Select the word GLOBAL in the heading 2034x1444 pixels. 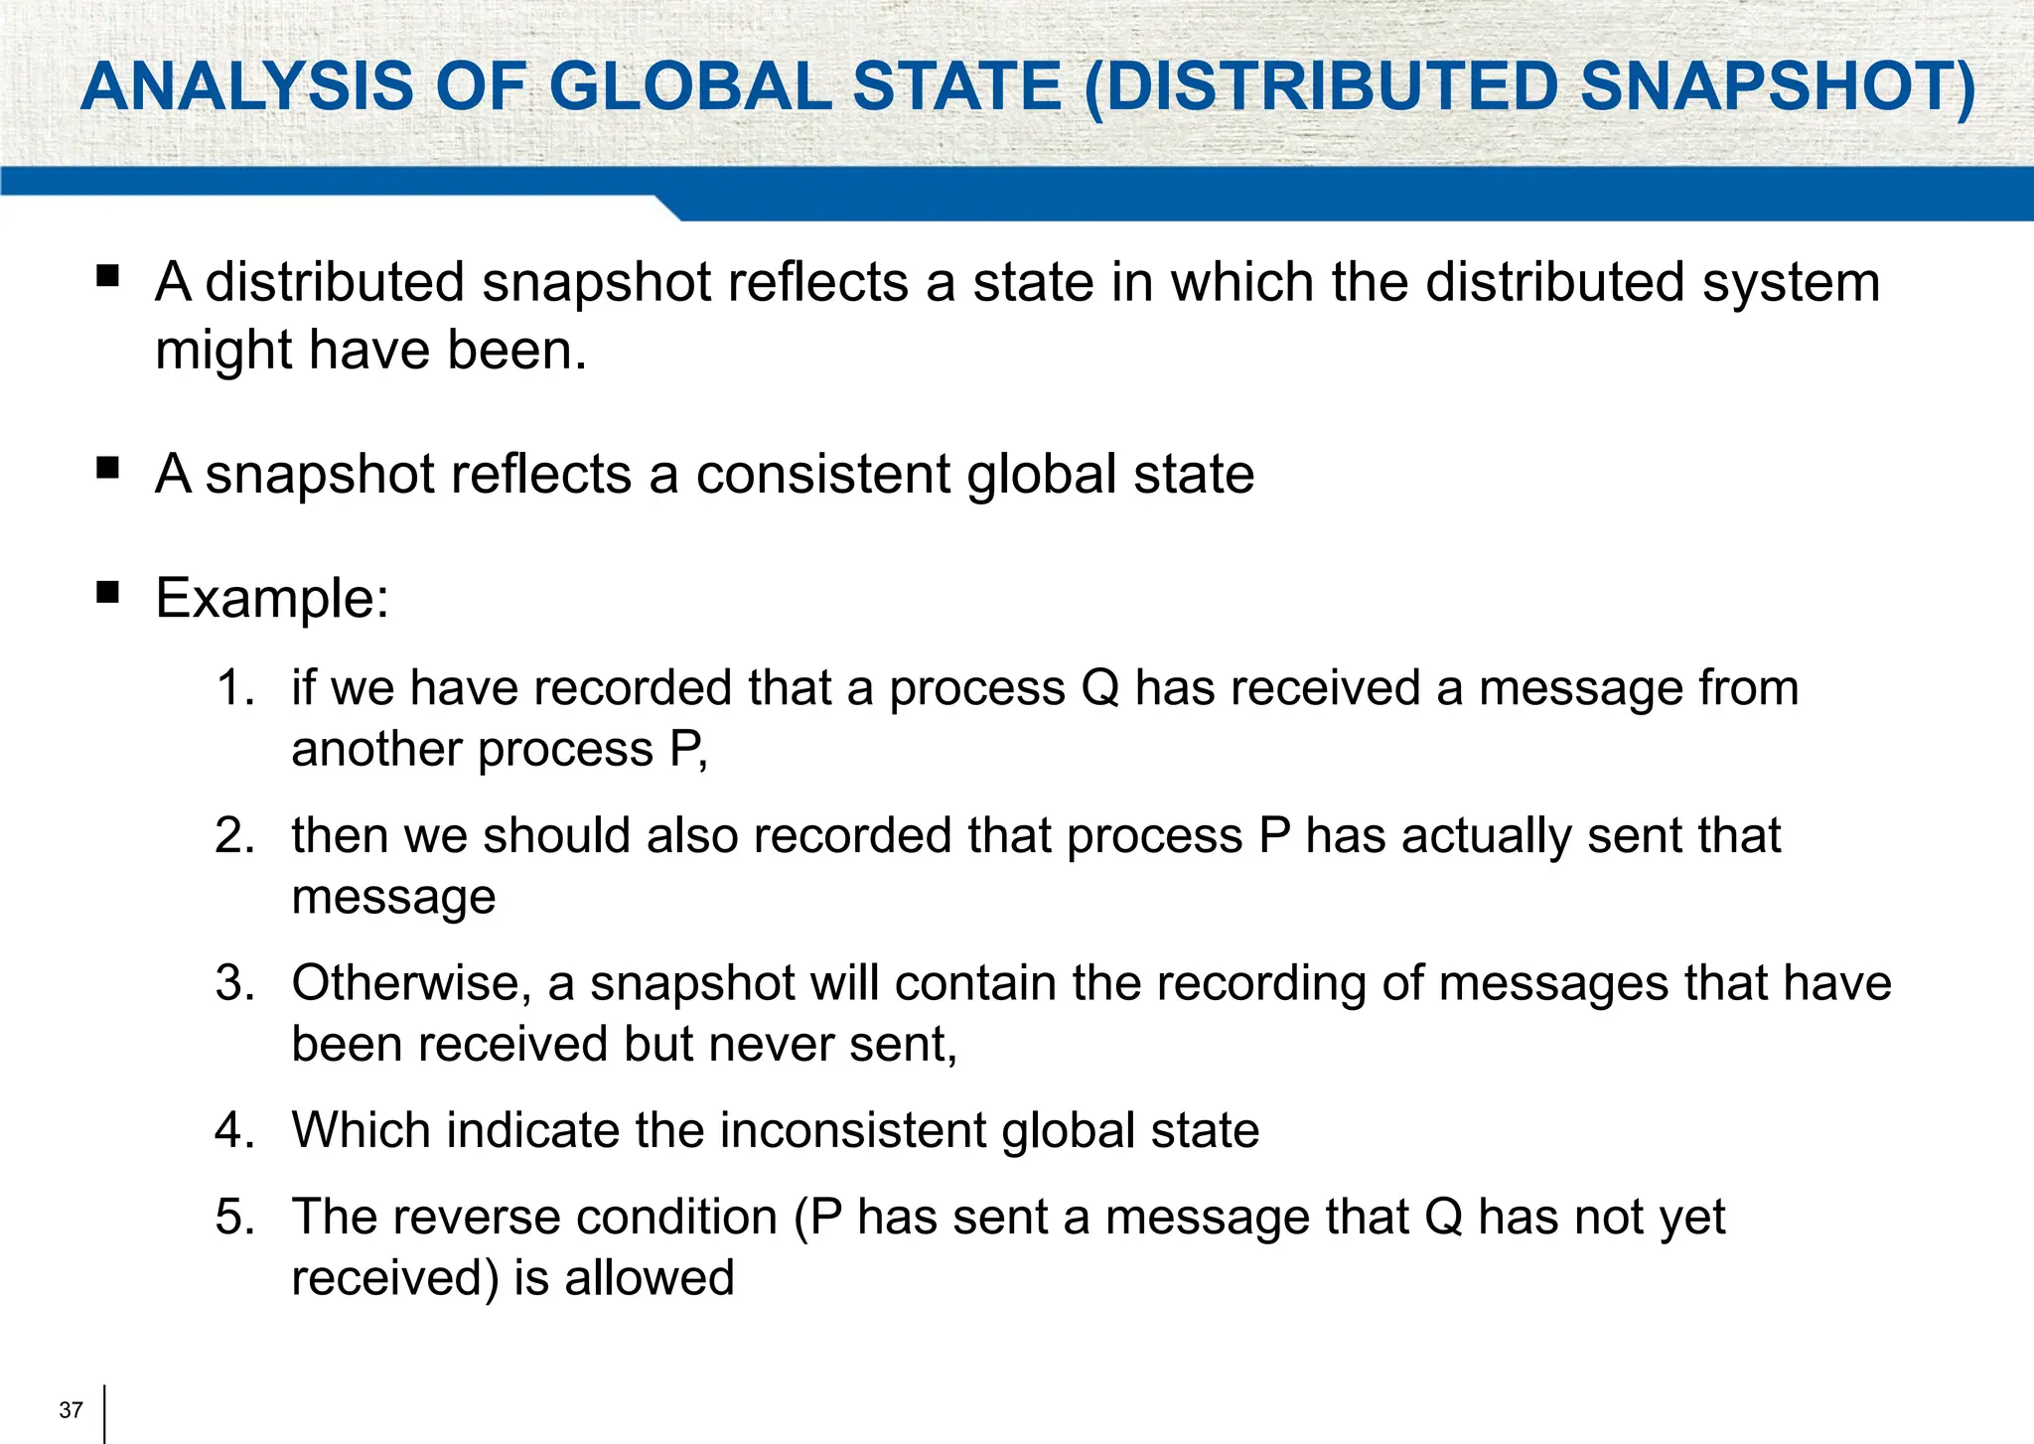coord(689,86)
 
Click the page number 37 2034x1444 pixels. coord(71,1410)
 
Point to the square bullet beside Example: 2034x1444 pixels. coord(108,594)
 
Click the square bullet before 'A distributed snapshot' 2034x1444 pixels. coord(108,276)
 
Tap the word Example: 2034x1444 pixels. coord(272,598)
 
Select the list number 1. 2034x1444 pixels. coord(234,688)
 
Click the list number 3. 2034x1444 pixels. coord(234,983)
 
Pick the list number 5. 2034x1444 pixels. coord(234,1218)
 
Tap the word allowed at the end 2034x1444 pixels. coord(650,1278)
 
